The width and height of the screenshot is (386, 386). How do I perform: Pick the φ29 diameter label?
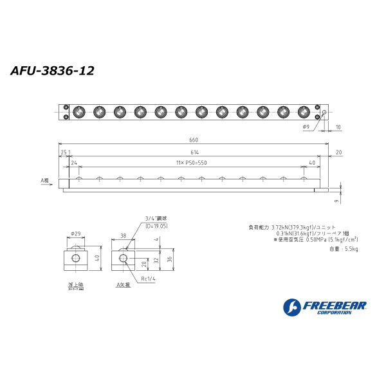75,234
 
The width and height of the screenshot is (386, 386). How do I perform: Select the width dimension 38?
123,235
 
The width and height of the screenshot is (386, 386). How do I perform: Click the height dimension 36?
170,259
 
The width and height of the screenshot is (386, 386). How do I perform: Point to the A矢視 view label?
123,284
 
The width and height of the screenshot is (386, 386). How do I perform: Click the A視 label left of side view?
45,181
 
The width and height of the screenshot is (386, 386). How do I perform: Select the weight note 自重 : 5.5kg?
343,248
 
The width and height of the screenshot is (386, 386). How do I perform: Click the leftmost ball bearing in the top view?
79,111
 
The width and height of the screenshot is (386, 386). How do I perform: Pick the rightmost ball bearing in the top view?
302,111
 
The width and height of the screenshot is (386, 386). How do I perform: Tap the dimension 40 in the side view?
312,163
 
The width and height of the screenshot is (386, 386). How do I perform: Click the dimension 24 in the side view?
75,163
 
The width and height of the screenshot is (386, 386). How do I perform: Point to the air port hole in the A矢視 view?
124,259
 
